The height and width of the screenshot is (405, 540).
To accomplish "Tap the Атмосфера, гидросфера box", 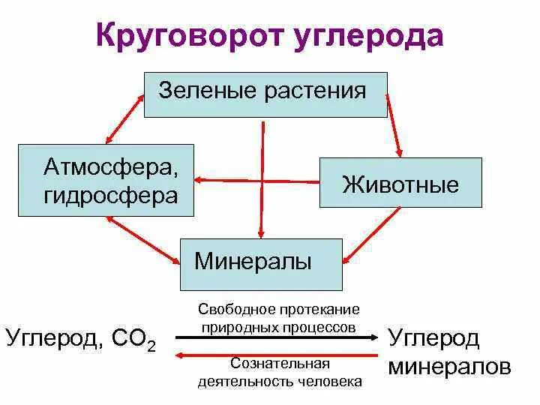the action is (106, 180).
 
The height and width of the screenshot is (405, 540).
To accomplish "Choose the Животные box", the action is (400, 182).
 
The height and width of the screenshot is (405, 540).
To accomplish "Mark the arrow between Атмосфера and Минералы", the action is (142, 238).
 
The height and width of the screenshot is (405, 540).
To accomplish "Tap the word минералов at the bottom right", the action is (450, 367).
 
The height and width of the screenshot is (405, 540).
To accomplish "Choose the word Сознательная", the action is (280, 364).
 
